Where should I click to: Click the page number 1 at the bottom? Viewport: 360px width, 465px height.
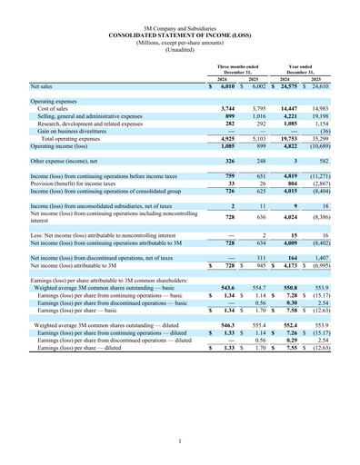180,441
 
